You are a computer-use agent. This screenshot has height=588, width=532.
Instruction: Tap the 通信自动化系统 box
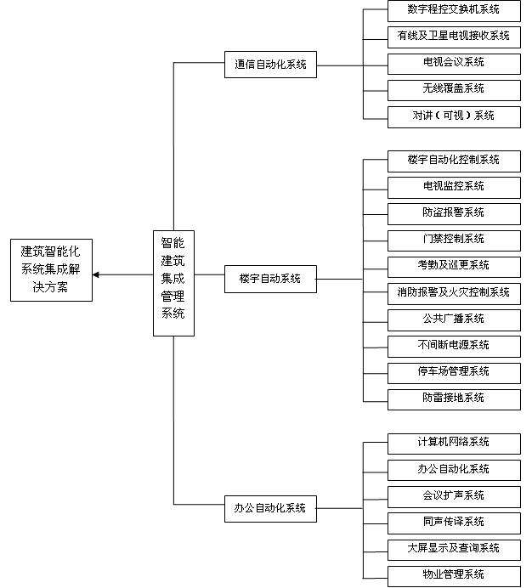(270, 64)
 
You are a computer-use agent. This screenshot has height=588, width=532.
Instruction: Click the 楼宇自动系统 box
(270, 278)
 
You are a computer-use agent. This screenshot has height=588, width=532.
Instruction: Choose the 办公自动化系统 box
(270, 508)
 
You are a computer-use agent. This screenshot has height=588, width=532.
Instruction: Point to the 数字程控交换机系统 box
(453, 10)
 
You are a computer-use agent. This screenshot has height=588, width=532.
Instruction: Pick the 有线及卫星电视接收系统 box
(453, 36)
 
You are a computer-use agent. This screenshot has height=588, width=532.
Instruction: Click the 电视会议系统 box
(453, 63)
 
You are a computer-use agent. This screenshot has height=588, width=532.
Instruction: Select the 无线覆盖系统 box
(453, 88)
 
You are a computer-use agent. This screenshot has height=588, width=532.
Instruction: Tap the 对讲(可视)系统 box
(453, 116)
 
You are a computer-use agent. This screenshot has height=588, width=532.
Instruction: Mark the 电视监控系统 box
(453, 186)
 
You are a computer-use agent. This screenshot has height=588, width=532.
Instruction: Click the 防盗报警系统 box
(453, 212)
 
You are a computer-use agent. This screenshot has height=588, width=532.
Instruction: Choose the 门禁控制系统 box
(453, 239)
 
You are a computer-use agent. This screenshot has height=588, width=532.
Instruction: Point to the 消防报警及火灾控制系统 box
(453, 292)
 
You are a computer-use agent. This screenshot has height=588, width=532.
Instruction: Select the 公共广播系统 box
(453, 319)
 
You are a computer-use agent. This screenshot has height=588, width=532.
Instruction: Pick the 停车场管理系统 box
(453, 371)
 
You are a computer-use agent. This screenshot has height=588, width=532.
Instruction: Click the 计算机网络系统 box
(453, 443)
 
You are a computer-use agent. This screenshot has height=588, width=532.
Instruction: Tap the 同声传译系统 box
(453, 522)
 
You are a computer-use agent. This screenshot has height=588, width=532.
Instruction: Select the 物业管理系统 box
(453, 574)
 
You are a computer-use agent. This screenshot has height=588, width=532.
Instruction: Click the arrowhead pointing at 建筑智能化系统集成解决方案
(97, 274)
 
